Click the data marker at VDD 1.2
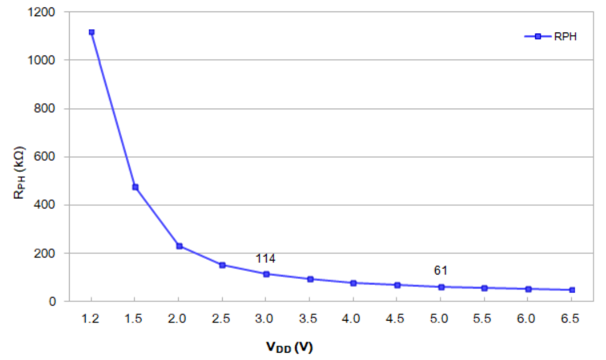click(x=91, y=32)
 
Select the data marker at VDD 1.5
click(x=135, y=187)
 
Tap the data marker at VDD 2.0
click(x=179, y=246)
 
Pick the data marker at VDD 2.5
click(x=222, y=265)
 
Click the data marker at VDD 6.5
click(x=572, y=290)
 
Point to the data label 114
click(x=266, y=259)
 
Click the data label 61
click(x=440, y=270)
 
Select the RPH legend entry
click(x=552, y=37)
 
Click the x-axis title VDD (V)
click(x=289, y=347)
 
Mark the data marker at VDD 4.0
click(x=354, y=283)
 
